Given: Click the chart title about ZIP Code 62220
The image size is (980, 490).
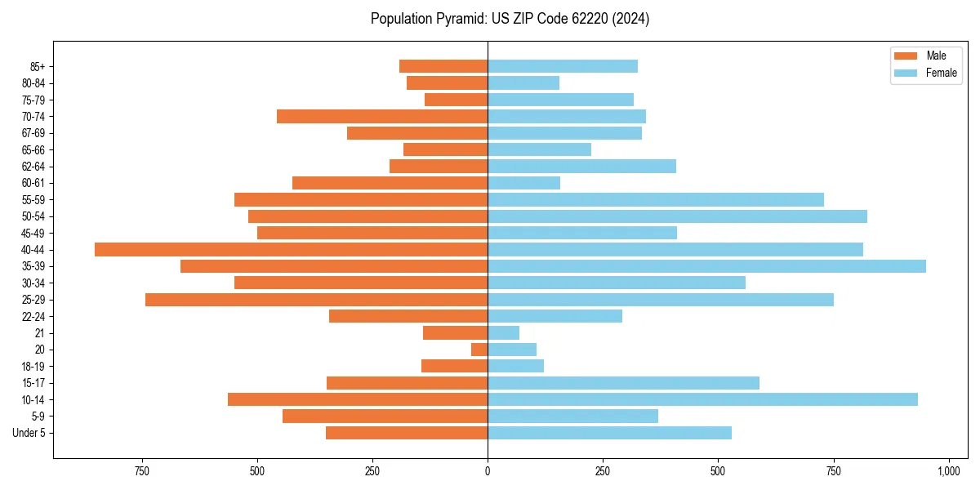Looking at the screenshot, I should (510, 19).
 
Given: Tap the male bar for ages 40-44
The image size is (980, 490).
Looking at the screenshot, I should (291, 250).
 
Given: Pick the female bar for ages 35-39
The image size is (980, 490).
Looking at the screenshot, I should (706, 266).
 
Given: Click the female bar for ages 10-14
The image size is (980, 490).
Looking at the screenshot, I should (702, 399).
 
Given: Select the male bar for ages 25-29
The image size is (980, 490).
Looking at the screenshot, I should (316, 300).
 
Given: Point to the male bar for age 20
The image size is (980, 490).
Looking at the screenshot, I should (479, 350).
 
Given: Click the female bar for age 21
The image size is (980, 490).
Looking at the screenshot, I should (503, 333).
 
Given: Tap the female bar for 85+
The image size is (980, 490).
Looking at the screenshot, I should (563, 66).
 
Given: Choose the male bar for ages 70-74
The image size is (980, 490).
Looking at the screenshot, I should (382, 117).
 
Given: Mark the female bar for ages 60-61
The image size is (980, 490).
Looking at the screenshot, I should (523, 183).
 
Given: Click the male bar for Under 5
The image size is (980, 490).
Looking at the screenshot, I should (407, 433).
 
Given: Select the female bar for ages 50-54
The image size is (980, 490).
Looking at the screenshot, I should (677, 216).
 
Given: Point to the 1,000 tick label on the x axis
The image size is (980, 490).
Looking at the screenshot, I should (948, 471).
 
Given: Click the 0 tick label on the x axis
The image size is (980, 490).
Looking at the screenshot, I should (488, 471).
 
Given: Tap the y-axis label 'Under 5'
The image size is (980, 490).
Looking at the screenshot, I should (29, 433).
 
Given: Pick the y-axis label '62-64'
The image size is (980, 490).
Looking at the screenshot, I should (33, 167).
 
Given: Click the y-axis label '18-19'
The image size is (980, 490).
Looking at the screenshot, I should (33, 367).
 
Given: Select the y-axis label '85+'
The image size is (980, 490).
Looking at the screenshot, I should (37, 66).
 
